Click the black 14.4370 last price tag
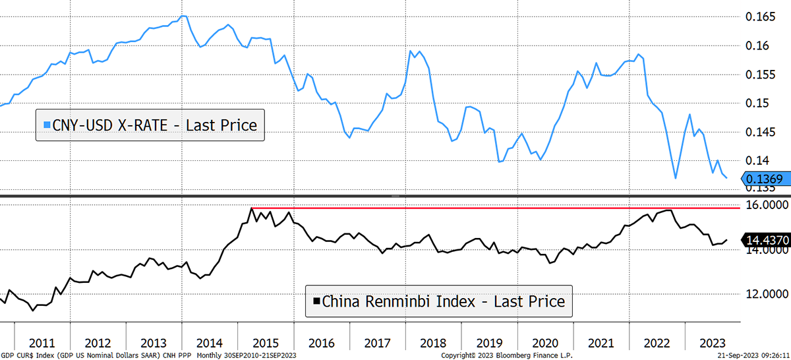pos(767,241)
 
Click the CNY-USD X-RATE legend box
pos(150,125)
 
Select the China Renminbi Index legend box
pos(439,301)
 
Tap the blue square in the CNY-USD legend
pos(46,125)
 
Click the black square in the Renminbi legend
pos(316,301)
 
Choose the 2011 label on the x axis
pos(42,344)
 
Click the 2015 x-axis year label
pos(266,344)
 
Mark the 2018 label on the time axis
pos(434,344)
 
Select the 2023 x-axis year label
pos(713,344)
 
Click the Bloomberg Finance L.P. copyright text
pos(508,355)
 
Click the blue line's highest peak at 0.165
pos(183,16)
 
